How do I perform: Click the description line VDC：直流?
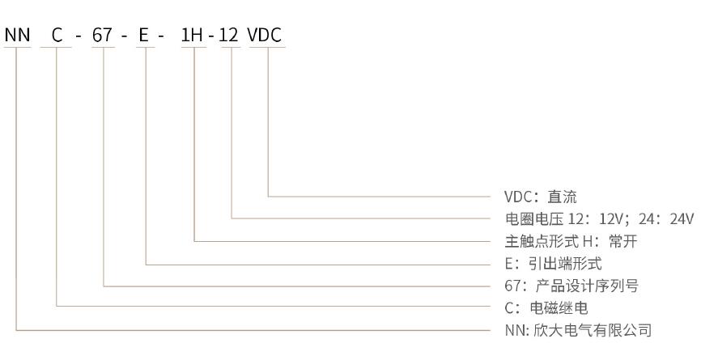point(541,197)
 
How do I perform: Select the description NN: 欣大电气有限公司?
point(577,331)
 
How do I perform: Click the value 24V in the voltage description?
point(682,218)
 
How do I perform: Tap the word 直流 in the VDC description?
point(562,197)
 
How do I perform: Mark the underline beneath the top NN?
point(17,48)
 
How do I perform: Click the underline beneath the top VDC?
point(266,48)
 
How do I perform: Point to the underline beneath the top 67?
point(104,48)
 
